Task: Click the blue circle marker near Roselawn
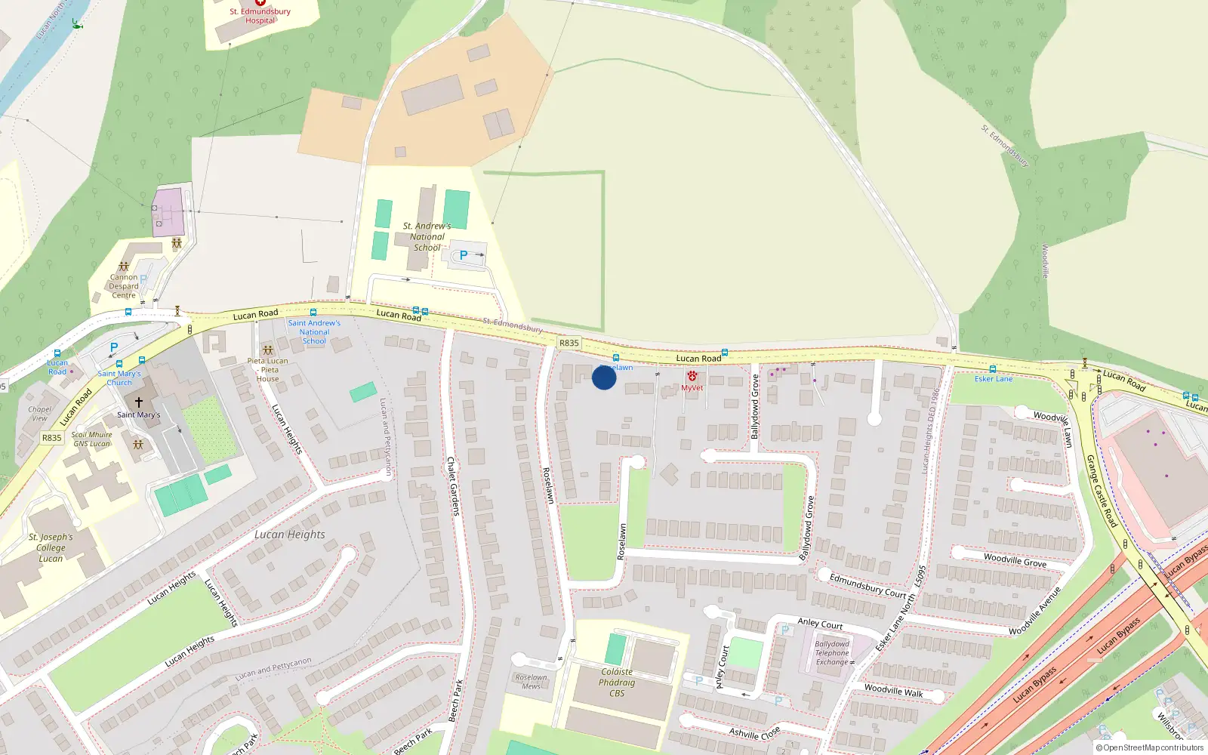click(604, 377)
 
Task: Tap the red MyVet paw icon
click(692, 376)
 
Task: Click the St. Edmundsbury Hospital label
click(260, 16)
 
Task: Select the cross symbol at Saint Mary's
click(138, 402)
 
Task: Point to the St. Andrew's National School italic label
click(427, 236)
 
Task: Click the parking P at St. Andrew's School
click(464, 255)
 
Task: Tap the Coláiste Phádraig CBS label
click(617, 683)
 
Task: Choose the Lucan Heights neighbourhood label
click(290, 535)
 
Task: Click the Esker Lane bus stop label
click(993, 379)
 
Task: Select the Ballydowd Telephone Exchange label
click(832, 653)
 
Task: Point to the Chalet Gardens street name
click(452, 486)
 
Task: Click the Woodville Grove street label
click(1015, 560)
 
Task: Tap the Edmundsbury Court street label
click(867, 585)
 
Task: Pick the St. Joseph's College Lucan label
click(51, 548)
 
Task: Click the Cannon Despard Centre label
click(124, 286)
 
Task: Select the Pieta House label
click(267, 370)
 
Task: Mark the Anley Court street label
click(820, 624)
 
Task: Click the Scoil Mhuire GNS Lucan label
click(91, 439)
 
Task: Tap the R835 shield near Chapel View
click(51, 438)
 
